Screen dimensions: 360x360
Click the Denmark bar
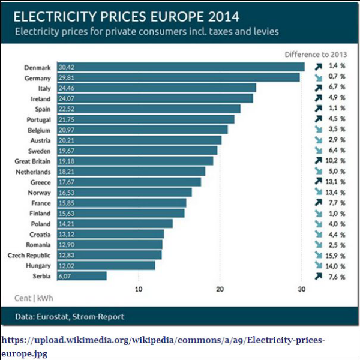(180, 67)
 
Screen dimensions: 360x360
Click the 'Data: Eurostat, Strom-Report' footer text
(70, 317)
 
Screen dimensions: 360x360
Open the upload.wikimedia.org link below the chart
(162, 341)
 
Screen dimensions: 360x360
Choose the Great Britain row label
(32, 161)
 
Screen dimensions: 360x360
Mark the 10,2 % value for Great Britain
(337, 161)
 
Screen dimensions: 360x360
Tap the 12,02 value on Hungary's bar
(67, 265)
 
